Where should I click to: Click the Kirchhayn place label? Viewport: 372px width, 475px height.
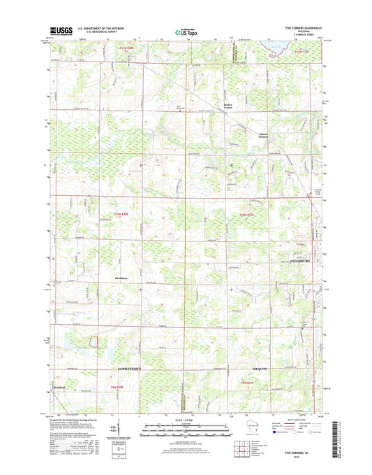point(121,278)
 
